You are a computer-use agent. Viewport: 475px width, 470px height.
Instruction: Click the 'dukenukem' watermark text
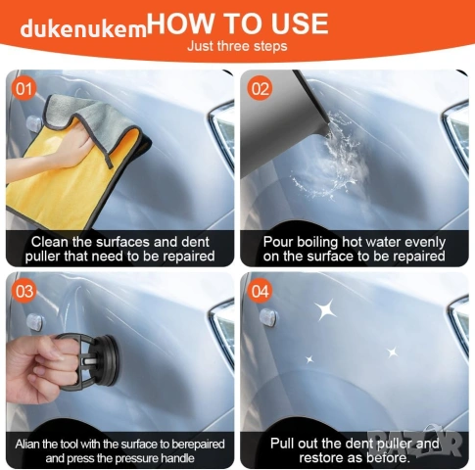click(83, 28)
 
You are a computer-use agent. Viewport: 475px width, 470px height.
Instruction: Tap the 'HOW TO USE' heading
click(238, 23)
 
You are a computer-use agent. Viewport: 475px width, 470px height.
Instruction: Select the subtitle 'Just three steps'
click(237, 46)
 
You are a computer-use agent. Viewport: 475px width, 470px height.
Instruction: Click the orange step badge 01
click(24, 89)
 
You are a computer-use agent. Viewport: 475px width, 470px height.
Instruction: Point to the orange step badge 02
click(260, 88)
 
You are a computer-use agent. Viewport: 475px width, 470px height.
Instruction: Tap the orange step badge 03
click(24, 291)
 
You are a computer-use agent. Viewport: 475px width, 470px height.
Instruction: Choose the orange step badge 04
click(260, 291)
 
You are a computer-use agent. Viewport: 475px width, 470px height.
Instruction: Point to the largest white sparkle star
click(325, 309)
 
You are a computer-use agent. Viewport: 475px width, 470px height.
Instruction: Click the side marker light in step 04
click(268, 317)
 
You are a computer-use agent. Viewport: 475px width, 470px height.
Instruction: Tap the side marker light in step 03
click(34, 322)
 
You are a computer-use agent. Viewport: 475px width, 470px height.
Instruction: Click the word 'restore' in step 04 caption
click(321, 457)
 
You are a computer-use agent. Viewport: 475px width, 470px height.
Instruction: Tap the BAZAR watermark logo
click(414, 442)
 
